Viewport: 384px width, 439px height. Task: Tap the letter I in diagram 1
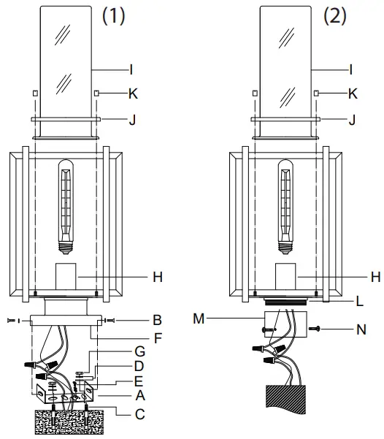tap(132, 70)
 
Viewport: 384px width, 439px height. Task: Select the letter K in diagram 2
tap(353, 93)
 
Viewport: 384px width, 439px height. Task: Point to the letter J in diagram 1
tap(132, 118)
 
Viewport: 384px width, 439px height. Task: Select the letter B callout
tap(136, 320)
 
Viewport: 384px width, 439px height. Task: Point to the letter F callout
tap(136, 338)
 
